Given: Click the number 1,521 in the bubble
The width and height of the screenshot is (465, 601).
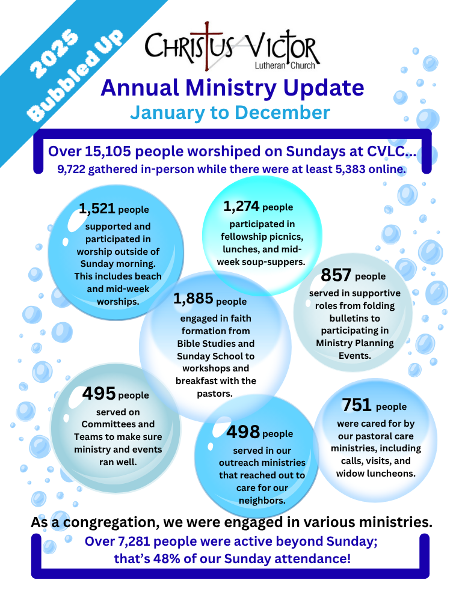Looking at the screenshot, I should coord(97,209).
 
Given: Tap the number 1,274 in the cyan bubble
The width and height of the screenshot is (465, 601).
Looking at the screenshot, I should coord(241,207).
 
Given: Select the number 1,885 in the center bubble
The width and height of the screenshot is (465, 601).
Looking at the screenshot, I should coord(192,299).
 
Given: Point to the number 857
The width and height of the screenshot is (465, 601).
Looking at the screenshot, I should coord(336,275).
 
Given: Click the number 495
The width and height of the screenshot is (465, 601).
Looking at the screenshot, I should coord(99,394).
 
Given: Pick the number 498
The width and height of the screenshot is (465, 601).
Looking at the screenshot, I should coord(243,432).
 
